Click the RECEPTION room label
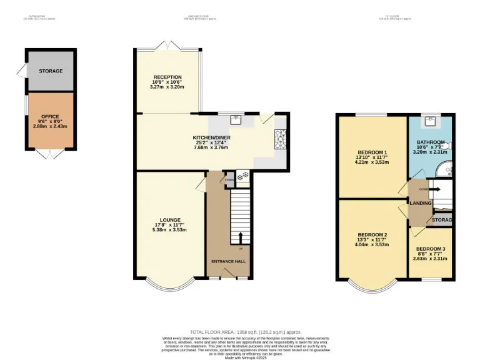(167, 77)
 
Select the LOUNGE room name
(170, 220)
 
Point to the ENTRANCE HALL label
(227, 261)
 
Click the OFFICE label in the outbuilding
(50, 116)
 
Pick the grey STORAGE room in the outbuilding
(51, 71)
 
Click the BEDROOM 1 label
(372, 152)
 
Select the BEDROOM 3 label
(431, 249)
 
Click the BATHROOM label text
(431, 142)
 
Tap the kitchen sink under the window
(236, 119)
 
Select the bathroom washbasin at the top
(430, 121)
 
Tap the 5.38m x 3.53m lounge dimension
(170, 229)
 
